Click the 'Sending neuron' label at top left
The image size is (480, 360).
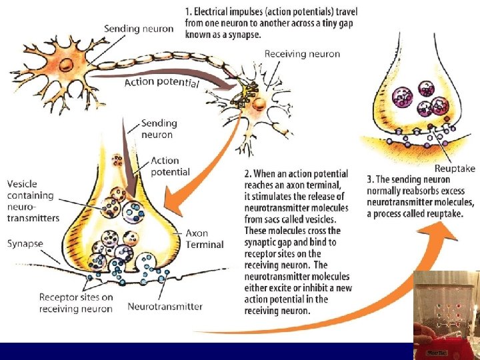pos(139,29)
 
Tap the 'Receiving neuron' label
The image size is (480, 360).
pos(302,54)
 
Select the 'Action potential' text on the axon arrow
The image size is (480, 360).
pos(161,82)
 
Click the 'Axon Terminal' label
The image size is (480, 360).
pos(205,239)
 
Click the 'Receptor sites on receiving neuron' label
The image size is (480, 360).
pos(75,303)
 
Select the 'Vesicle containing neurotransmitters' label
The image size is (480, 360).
pos(33,201)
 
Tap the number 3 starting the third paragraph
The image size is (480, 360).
pos(370,179)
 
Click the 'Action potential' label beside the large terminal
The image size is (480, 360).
pos(170,166)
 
